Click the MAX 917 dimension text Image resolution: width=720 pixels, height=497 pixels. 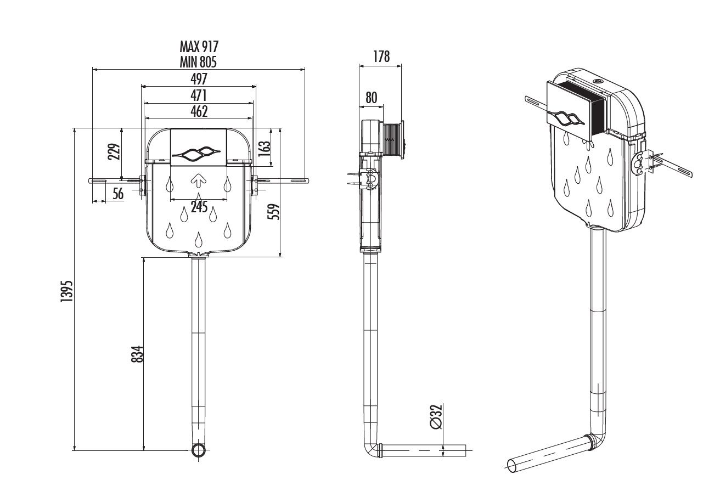pyautogui.click(x=199, y=46)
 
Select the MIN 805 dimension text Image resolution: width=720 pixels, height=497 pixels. pyautogui.click(x=199, y=61)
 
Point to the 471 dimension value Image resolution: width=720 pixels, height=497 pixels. pyautogui.click(x=199, y=95)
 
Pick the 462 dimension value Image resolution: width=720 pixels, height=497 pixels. pyautogui.click(x=199, y=111)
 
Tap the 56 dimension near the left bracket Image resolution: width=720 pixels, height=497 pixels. pyautogui.click(x=118, y=194)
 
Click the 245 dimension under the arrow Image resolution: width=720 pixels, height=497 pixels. pyautogui.click(x=199, y=207)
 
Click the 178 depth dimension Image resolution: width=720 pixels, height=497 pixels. pyautogui.click(x=380, y=57)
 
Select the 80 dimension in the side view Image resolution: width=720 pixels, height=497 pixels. pyautogui.click(x=372, y=98)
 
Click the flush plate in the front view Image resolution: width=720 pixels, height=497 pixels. pyautogui.click(x=199, y=147)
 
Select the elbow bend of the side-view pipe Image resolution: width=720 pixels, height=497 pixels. pyautogui.click(x=371, y=450)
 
